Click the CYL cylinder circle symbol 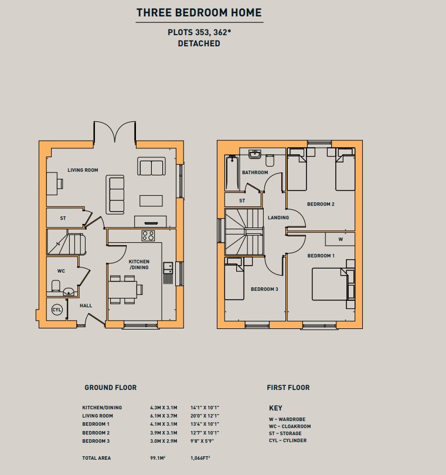(57, 310)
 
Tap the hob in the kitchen (148, 236)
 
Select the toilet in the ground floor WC (56, 286)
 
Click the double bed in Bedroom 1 (333, 284)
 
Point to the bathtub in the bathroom (232, 172)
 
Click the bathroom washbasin (255, 154)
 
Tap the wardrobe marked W (340, 239)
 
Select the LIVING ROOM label (83, 170)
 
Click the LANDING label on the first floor (278, 218)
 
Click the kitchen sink (168, 268)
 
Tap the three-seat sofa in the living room (115, 195)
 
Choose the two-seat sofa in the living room (151, 166)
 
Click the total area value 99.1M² (158, 458)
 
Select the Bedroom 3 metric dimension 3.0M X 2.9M (164, 441)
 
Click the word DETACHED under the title (199, 43)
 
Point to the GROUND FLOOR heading (111, 388)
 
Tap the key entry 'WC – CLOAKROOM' (290, 426)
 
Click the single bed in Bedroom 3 (234, 279)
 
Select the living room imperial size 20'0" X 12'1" (205, 416)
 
